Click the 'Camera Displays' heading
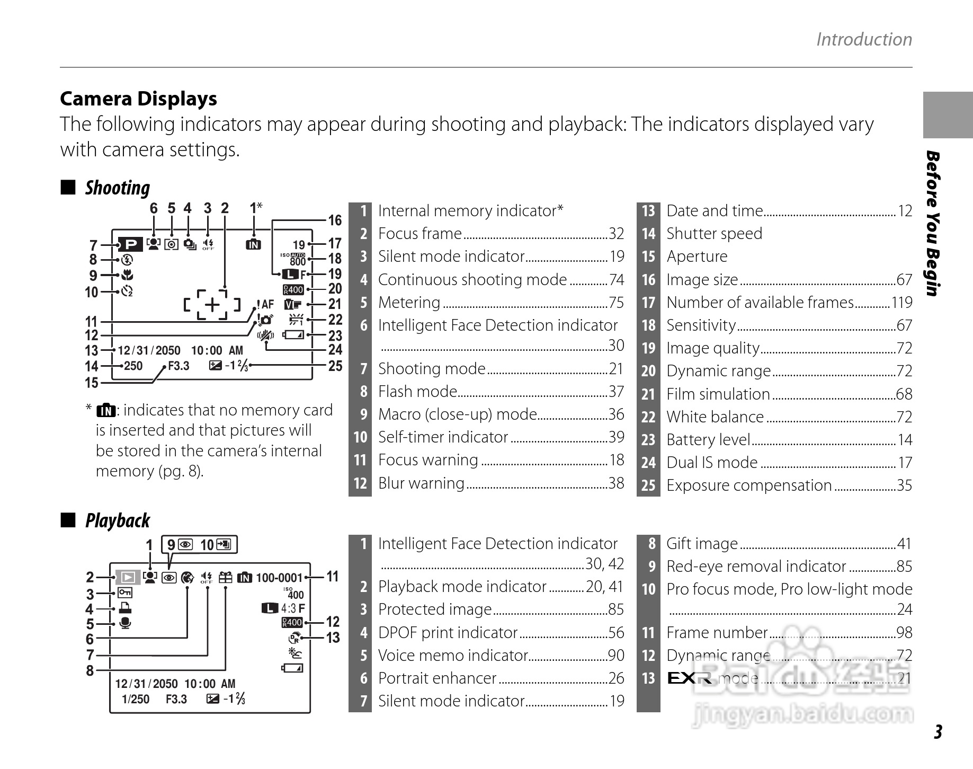tap(138, 99)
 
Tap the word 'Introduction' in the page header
tap(864, 39)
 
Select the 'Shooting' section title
tap(117, 188)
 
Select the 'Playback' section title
tap(117, 520)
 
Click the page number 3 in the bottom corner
tap(938, 732)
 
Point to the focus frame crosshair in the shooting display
tap(212, 305)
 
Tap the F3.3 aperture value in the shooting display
tap(178, 366)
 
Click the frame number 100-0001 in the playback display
tap(279, 578)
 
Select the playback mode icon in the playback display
tap(127, 577)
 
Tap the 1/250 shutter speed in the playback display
tap(136, 699)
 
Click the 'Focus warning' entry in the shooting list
tap(428, 460)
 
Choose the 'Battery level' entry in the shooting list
tap(708, 440)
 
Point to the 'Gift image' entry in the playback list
tap(702, 544)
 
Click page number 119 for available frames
tap(901, 303)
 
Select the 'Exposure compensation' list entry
tap(749, 485)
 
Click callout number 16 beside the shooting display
tap(335, 220)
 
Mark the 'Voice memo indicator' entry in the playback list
tap(453, 656)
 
